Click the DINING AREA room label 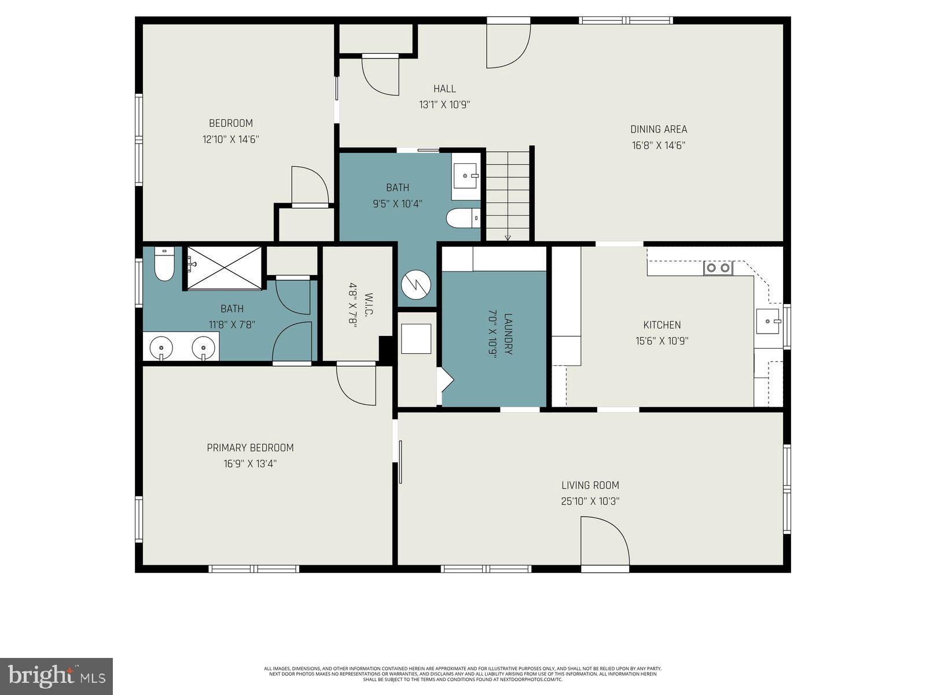pos(658,129)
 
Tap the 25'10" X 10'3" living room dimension pos(590,502)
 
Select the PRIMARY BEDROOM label pos(250,448)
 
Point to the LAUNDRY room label pos(508,334)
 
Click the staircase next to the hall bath pos(508,196)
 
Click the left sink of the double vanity pos(161,348)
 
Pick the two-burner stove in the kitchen pos(718,268)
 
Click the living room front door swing pos(605,542)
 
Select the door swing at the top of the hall pos(508,45)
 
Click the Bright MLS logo pos(56,676)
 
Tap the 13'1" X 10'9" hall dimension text pos(444,105)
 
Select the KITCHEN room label pos(662,325)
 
